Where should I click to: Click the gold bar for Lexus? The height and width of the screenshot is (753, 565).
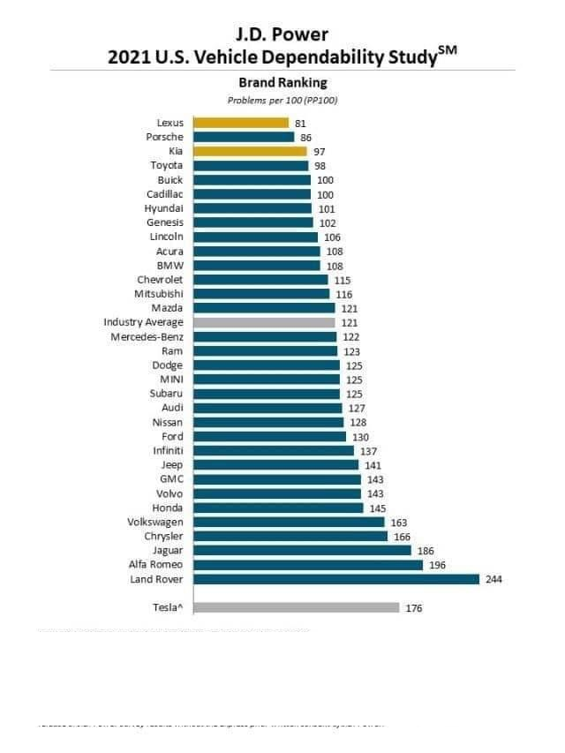click(241, 123)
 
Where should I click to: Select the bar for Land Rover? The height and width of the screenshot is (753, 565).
click(336, 579)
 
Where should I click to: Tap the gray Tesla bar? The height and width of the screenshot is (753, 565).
click(296, 607)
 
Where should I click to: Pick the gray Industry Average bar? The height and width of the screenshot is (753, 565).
click(264, 322)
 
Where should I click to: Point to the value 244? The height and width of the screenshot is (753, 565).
click(493, 579)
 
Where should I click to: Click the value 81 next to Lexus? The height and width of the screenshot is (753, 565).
click(300, 124)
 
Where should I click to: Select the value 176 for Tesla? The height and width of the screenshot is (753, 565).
click(414, 608)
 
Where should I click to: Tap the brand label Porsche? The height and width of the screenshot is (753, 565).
click(165, 137)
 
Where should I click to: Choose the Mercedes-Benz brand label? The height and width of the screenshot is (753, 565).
click(147, 336)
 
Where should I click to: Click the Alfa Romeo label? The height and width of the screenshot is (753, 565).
click(156, 565)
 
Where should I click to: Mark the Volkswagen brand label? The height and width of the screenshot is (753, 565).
click(155, 522)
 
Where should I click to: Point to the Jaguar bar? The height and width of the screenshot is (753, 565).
click(302, 550)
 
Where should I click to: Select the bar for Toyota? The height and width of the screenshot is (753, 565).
click(251, 165)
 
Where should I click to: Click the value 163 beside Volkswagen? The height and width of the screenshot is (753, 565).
click(399, 523)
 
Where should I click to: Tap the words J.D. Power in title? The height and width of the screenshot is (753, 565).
click(282, 35)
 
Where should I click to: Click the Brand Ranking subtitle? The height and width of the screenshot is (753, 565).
click(282, 83)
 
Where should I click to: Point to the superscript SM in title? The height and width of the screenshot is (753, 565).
click(448, 51)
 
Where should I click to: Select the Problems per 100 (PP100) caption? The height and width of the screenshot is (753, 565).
click(282, 100)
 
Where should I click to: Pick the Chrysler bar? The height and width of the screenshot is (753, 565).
click(290, 536)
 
